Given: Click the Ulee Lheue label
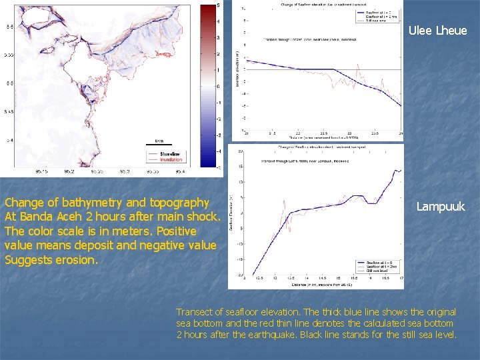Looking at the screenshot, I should tap(437, 31).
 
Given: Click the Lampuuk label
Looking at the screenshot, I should tap(441, 207).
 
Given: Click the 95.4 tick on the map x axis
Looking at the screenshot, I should tap(181, 172).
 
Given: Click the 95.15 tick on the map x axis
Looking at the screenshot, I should tap(41, 172).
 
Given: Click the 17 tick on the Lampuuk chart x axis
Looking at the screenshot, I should tap(400, 278).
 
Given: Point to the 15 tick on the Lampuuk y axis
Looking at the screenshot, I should tap(240, 166).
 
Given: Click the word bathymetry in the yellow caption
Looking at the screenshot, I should tap(79, 203).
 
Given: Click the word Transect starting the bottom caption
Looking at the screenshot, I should tap(193, 312).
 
